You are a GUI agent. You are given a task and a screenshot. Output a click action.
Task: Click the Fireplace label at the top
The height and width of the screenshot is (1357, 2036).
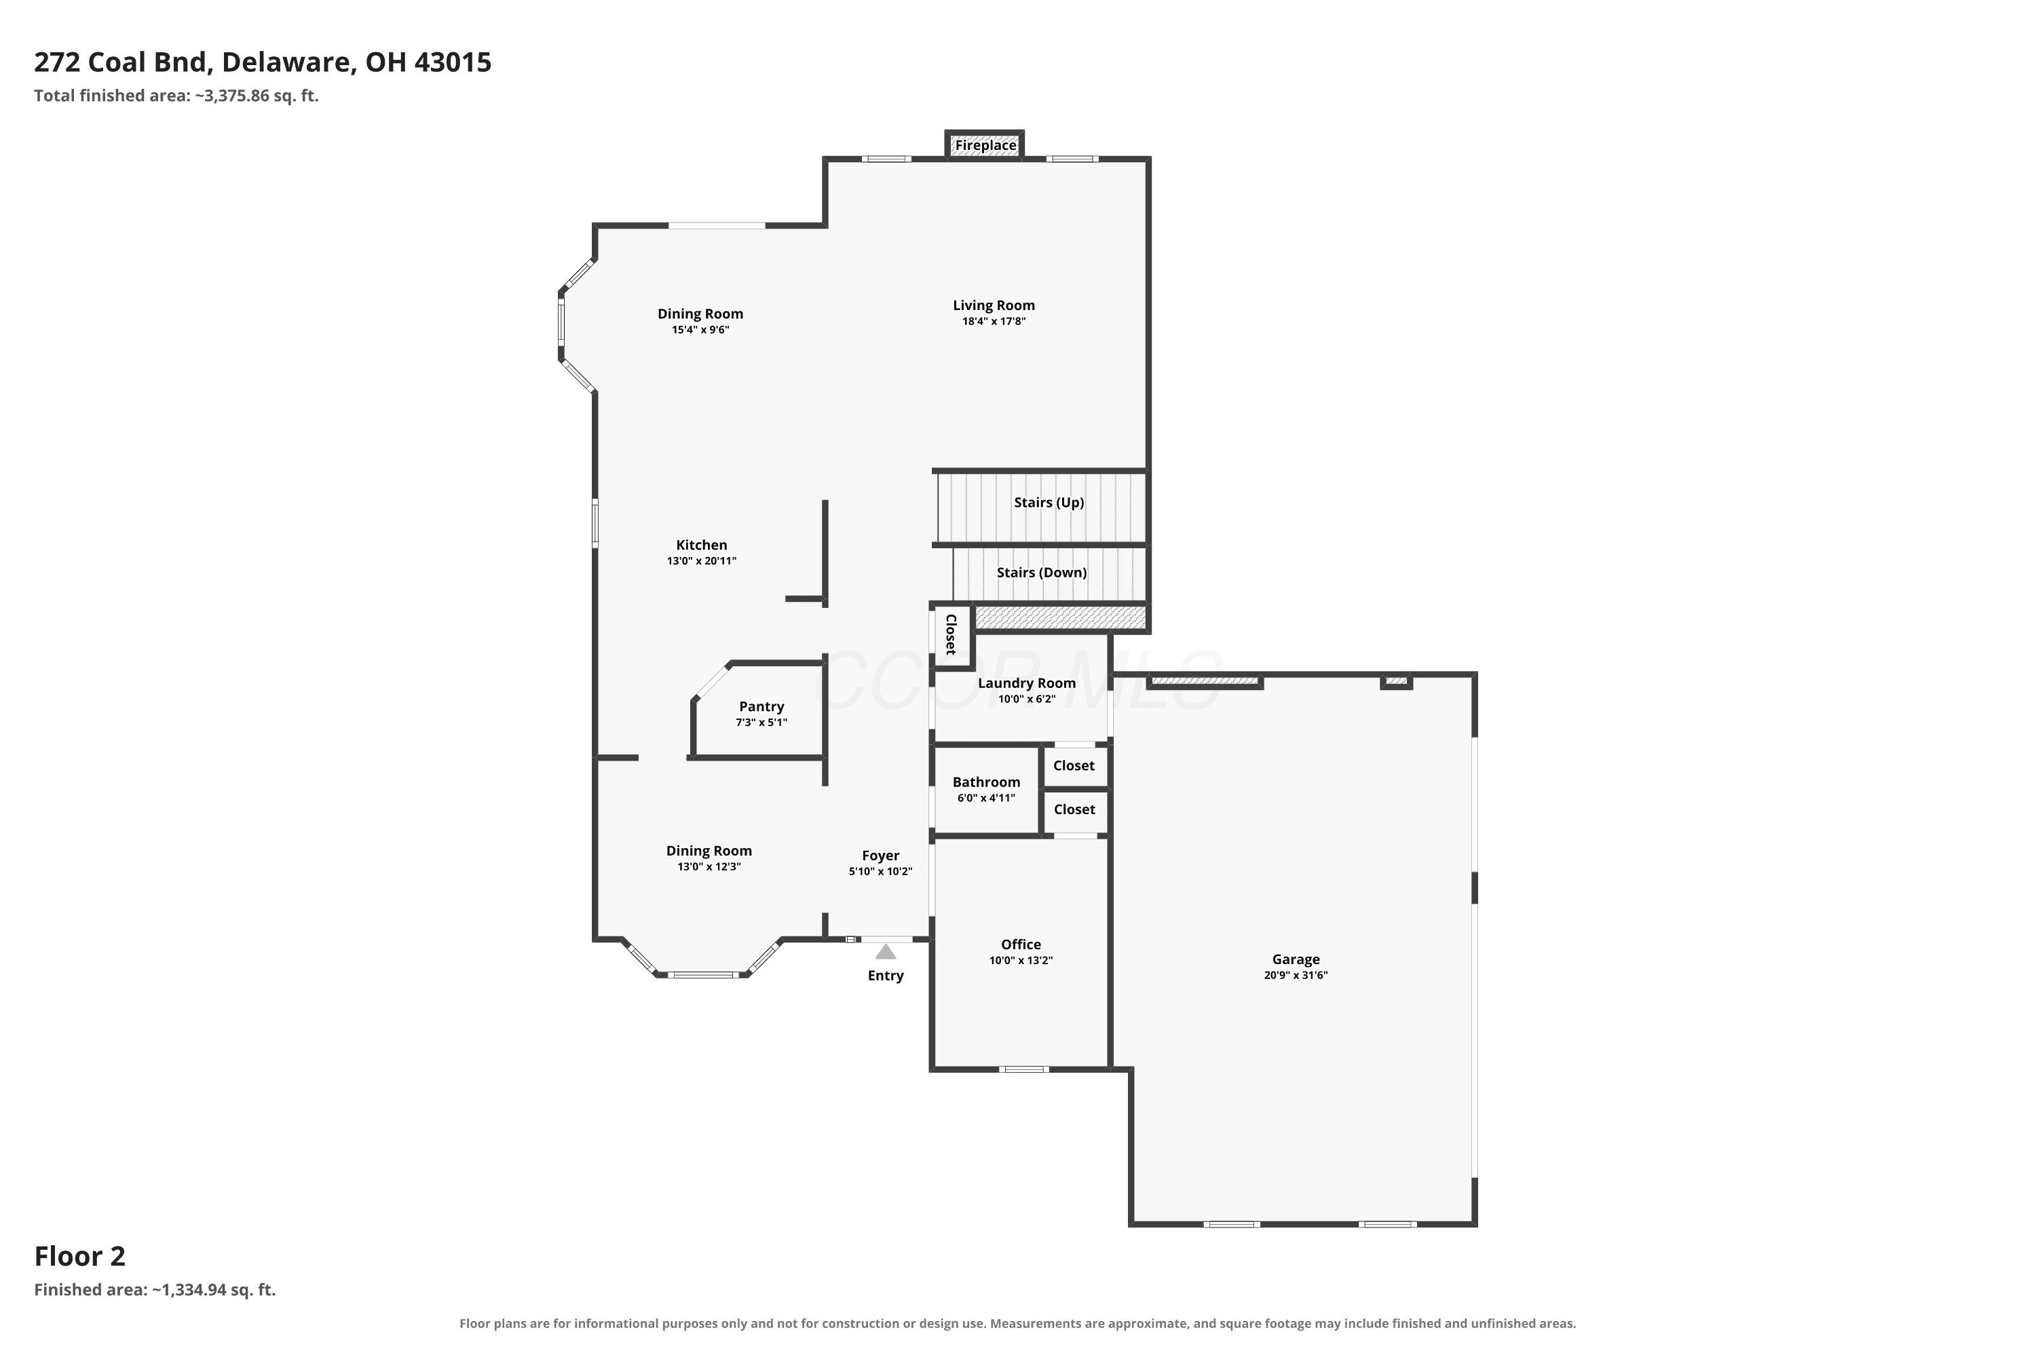(985, 145)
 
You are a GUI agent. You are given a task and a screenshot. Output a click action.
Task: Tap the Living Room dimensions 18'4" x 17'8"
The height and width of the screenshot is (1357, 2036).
(994, 321)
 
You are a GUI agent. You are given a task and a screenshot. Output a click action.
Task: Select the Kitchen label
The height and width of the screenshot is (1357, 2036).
(701, 546)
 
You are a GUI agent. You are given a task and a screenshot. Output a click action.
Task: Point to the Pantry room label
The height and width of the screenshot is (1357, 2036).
(761, 707)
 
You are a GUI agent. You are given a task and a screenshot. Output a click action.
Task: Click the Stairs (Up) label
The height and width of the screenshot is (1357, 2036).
(1049, 503)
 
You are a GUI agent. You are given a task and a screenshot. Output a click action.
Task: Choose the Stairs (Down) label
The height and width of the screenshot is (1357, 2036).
(1041, 573)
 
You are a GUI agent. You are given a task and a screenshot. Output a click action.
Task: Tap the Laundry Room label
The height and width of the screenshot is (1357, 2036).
(1027, 684)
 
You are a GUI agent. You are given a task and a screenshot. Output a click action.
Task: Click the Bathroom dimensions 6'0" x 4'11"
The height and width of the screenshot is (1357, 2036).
(986, 798)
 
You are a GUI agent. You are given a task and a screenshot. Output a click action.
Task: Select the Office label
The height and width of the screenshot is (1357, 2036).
(1021, 945)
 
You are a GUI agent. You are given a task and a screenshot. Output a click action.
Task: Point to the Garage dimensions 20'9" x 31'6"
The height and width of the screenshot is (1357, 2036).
(1296, 976)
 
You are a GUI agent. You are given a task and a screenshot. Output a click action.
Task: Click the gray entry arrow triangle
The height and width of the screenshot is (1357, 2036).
(886, 952)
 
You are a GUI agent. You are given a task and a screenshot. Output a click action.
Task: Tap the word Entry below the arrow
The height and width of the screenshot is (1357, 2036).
(886, 976)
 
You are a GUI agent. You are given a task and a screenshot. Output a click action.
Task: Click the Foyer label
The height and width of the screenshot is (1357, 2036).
(880, 856)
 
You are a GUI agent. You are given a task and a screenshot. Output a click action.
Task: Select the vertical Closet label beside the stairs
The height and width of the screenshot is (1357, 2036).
(951, 634)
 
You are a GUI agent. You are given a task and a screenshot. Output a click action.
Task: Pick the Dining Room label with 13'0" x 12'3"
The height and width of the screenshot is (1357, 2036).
(709, 852)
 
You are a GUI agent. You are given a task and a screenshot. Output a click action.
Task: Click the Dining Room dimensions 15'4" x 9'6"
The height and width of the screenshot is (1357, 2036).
(700, 330)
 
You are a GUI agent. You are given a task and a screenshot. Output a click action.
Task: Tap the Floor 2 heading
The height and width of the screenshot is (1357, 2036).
(79, 1256)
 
